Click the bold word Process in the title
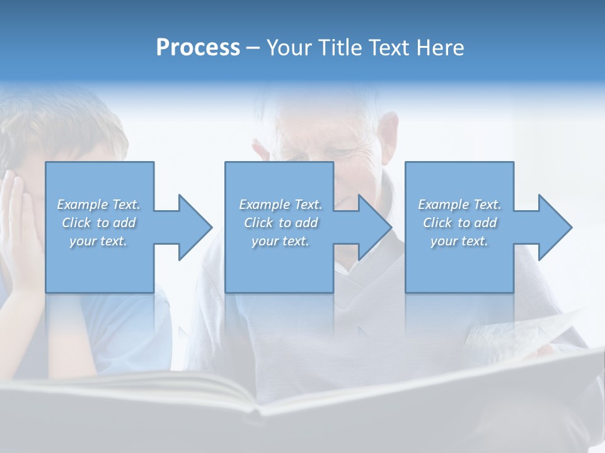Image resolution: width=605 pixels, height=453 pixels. pyautogui.click(x=198, y=48)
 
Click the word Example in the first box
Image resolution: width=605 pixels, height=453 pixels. pyautogui.click(x=82, y=204)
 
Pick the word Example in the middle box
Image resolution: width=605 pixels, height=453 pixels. pyautogui.click(x=263, y=204)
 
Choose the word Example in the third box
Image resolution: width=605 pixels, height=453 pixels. pyautogui.click(x=442, y=204)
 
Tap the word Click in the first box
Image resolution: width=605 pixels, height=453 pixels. pyautogui.click(x=77, y=223)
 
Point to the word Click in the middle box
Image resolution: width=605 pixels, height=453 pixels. pyautogui.click(x=258, y=223)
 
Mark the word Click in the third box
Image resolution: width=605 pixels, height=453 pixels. pyautogui.click(x=437, y=223)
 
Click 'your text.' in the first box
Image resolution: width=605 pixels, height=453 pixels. pyautogui.click(x=98, y=241)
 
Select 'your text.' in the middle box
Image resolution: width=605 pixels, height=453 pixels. pyautogui.click(x=280, y=241)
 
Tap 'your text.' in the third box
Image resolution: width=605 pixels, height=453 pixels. pyautogui.click(x=459, y=241)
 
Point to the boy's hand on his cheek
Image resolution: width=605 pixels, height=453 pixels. pyautogui.click(x=19, y=220)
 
